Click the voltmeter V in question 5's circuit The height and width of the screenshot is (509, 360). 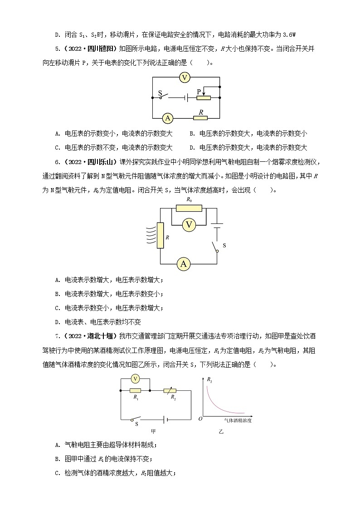click(184, 78)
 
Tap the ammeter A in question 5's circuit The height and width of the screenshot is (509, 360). click(168, 118)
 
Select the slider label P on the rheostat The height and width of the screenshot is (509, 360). click(199, 92)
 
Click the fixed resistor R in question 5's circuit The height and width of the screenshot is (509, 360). click(200, 118)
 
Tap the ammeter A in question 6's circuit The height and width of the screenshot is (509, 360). click(183, 264)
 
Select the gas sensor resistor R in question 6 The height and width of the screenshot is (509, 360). click(160, 236)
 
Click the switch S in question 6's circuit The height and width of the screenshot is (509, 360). click(216, 246)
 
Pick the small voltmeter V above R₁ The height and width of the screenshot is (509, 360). click(135, 378)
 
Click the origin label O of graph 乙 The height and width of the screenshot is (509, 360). click(200, 418)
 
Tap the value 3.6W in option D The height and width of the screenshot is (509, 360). click(288, 34)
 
